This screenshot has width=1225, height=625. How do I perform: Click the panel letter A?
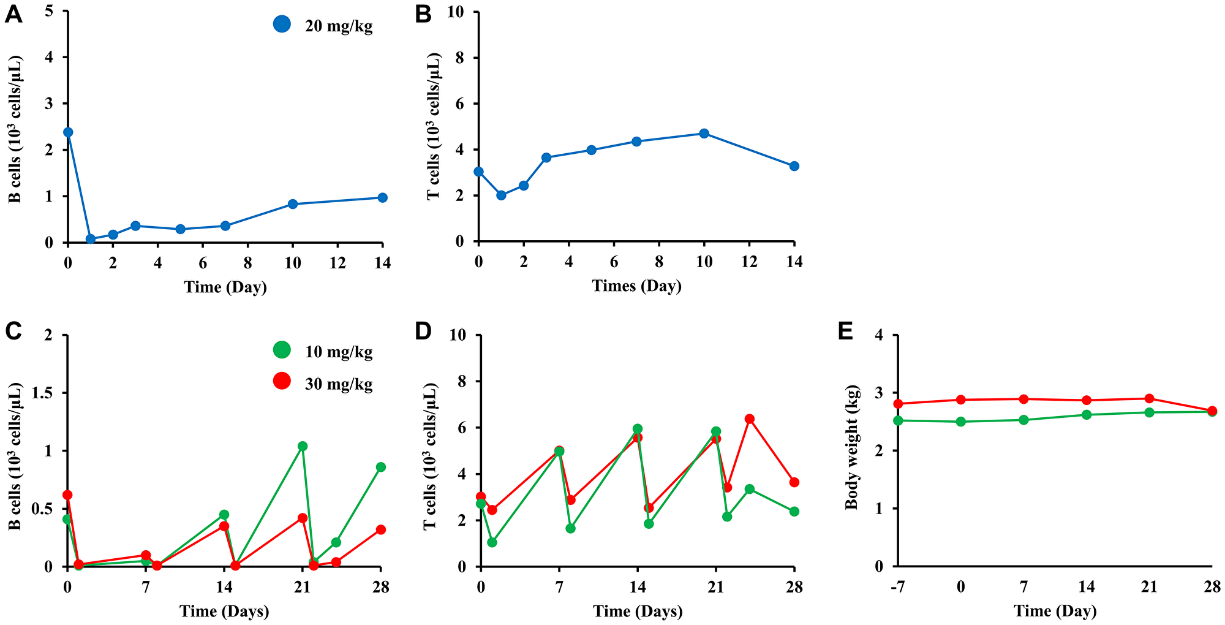(13, 15)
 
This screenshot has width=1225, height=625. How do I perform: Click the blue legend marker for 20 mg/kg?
(282, 25)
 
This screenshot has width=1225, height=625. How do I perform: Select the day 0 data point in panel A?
(68, 132)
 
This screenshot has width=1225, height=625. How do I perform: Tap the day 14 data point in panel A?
(382, 197)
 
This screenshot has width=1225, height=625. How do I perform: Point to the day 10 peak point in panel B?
(704, 134)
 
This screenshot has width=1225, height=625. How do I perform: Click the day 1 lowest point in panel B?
(501, 195)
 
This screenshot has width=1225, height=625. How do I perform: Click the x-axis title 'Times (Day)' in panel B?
(636, 286)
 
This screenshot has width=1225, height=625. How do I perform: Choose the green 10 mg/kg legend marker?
(282, 350)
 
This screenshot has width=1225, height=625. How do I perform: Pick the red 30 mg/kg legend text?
(338, 384)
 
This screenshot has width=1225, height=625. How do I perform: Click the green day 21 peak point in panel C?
(302, 446)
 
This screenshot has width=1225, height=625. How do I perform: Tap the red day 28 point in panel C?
(380, 529)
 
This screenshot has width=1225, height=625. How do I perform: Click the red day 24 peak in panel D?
(749, 419)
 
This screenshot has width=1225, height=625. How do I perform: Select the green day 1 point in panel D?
(492, 542)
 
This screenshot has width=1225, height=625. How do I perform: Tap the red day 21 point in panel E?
(1149, 399)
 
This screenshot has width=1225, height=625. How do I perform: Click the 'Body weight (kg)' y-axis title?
(851, 448)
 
